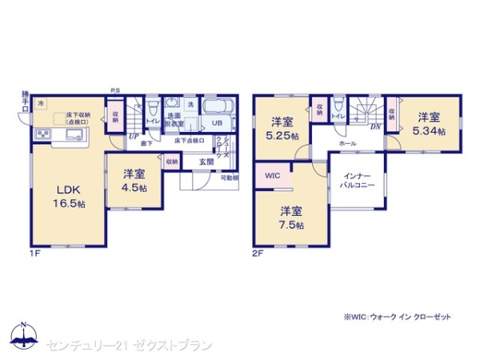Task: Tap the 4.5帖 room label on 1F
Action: click(133, 180)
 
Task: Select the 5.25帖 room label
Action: click(284, 129)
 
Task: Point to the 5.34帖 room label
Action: click(428, 125)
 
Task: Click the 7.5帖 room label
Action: click(291, 218)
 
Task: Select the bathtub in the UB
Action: click(216, 107)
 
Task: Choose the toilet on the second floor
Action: click(339, 105)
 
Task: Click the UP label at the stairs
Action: click(133, 136)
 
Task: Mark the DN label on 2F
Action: click(374, 126)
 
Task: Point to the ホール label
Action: click(347, 143)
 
